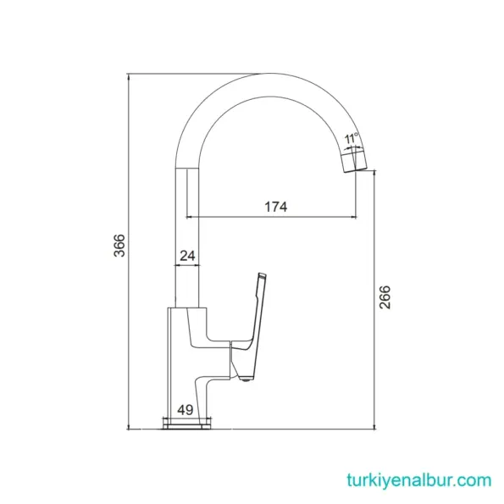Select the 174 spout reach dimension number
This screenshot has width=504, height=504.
pos(275,207)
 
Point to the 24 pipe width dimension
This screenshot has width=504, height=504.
pos(188,253)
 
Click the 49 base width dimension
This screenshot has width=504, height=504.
pos(185,409)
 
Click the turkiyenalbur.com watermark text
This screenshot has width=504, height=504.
pos(418,479)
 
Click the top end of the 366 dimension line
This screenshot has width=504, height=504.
pos(128,75)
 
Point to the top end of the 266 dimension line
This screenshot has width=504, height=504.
pos(376,173)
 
